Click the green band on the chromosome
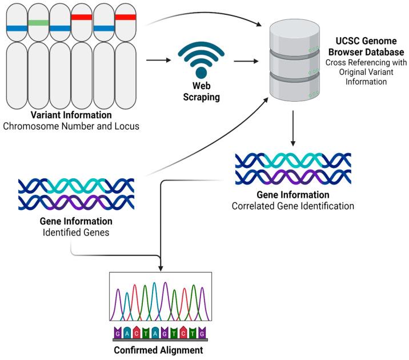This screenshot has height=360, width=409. click(x=38, y=22)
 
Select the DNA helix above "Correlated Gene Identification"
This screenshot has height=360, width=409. click(x=293, y=167)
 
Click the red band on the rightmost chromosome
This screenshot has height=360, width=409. click(x=125, y=17)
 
